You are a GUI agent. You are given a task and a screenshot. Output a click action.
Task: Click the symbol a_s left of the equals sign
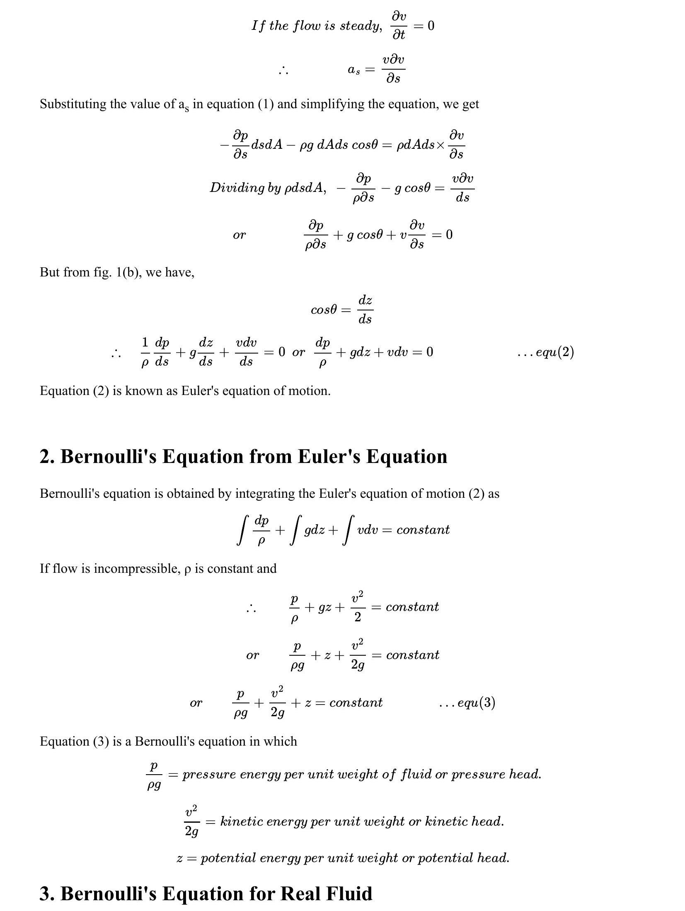(353, 70)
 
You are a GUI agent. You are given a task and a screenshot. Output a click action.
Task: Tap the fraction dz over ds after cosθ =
(365, 309)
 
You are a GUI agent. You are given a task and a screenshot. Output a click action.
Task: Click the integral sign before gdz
(295, 530)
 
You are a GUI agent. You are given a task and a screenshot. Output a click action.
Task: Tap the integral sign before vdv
(348, 530)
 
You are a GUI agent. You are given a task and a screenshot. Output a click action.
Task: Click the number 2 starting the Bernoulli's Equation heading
(44, 456)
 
